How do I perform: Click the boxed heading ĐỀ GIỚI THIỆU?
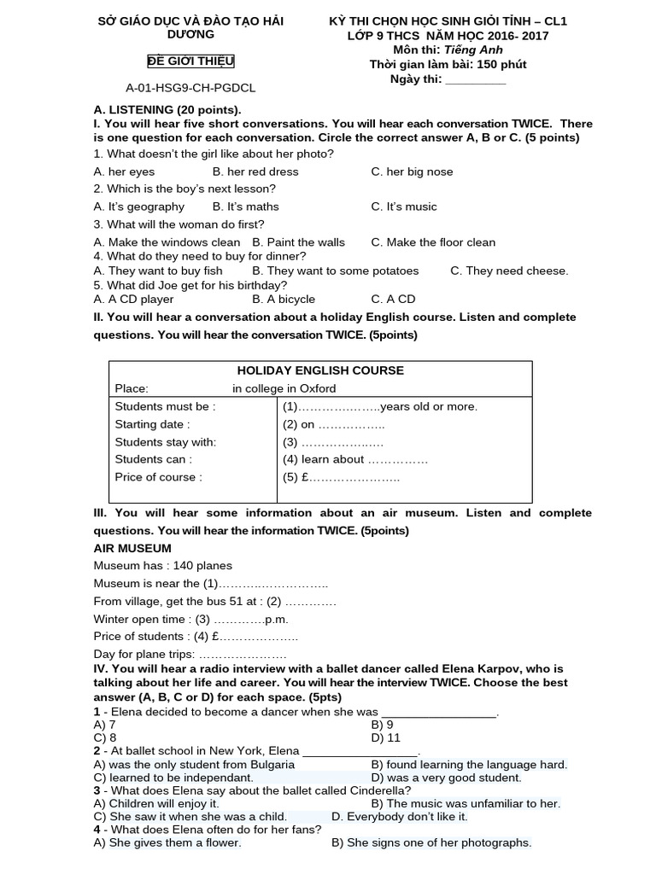point(190,61)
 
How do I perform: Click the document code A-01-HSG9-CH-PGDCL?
point(190,87)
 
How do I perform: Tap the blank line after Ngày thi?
point(476,79)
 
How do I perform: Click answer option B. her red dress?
point(255,172)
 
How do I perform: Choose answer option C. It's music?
point(403,207)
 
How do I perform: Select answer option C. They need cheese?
point(508,271)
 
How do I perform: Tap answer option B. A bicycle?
point(284,299)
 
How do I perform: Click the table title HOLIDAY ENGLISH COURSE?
point(320,370)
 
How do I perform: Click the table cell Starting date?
point(153,424)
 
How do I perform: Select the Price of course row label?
point(159,477)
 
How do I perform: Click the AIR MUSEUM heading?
point(132,548)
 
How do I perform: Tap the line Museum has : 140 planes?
point(163,565)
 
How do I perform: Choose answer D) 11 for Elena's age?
point(385,737)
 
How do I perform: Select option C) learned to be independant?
point(173,778)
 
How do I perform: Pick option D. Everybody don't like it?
point(399,817)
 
